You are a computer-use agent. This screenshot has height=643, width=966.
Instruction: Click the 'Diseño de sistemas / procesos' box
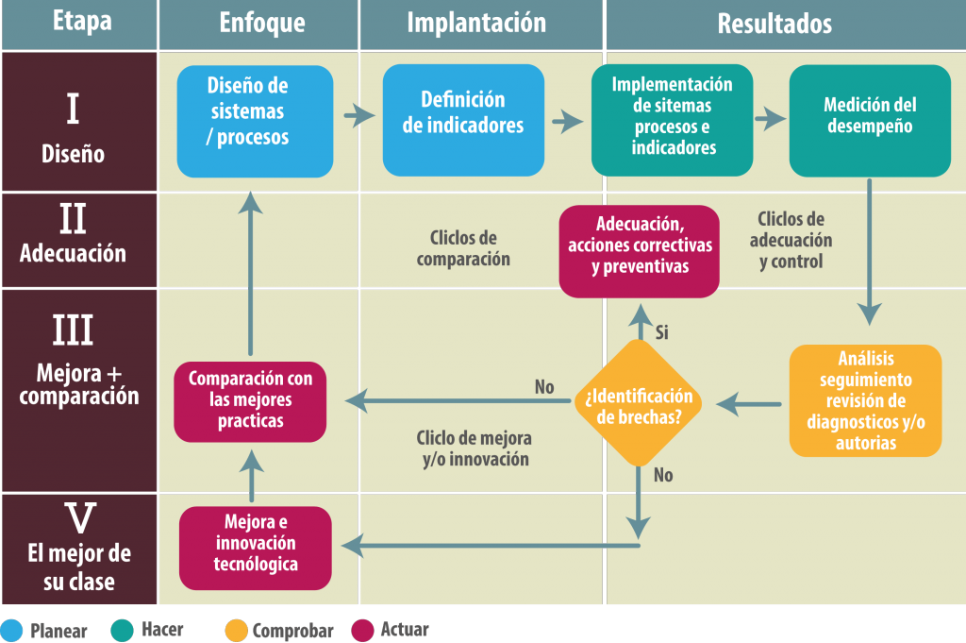255,122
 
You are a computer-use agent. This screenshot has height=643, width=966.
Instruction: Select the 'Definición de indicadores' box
463,120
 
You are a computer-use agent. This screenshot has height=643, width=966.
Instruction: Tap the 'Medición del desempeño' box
870,121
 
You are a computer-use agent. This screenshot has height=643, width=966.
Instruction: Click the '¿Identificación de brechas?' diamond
639,403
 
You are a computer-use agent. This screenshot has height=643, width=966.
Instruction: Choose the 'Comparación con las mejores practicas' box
250,402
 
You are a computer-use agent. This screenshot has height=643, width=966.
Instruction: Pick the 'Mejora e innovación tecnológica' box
255,548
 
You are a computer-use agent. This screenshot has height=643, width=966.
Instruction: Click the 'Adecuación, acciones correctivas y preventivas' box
639,251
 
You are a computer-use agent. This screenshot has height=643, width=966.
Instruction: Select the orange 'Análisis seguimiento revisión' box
866,400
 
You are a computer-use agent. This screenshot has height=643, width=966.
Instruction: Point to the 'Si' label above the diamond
661,333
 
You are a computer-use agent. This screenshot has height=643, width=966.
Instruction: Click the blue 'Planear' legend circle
11,631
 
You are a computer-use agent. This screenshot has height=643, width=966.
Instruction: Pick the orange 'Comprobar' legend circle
236,631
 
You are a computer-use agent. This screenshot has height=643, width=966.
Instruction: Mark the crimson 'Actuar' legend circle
362,631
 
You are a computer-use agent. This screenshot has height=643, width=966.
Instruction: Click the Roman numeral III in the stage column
73,330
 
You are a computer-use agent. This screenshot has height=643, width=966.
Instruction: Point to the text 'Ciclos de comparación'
463,248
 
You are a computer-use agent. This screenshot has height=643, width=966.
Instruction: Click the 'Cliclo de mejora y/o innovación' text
475,448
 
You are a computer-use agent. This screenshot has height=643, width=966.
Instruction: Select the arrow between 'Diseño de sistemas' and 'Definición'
359,115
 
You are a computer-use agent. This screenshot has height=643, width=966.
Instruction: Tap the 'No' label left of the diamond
544,387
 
